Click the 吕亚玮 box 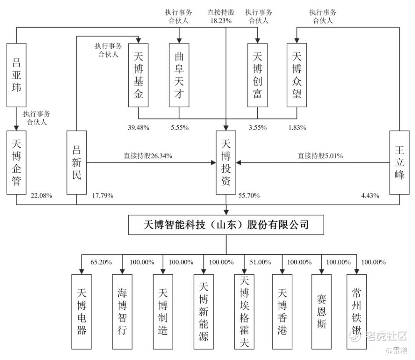(17, 75)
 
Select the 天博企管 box (17, 162)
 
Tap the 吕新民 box (76, 162)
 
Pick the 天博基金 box (138, 75)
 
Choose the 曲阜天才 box (179, 75)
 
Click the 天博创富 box (257, 75)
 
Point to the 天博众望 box (297, 75)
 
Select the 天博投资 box (226, 162)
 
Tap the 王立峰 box (399, 162)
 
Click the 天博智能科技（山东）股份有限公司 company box (226, 225)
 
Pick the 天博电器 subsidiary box (81, 311)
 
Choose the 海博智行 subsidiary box (122, 311)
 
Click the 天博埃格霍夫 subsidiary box (244, 311)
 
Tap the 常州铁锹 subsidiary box (357, 311)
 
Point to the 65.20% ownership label (101, 262)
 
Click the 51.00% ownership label (260, 262)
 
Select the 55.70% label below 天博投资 (249, 196)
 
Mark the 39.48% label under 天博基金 (138, 128)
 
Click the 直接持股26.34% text (148, 156)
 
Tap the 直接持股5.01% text (320, 156)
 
